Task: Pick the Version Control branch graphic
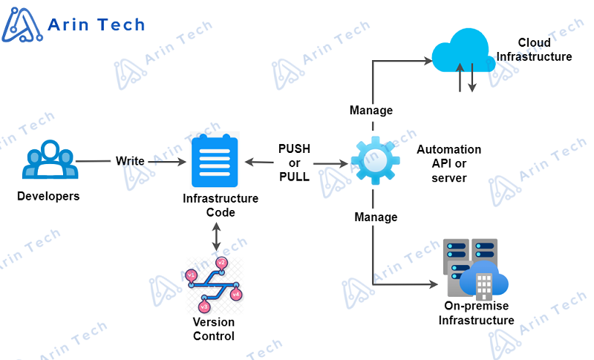[x=214, y=285]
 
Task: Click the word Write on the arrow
[x=130, y=161]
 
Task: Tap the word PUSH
[x=294, y=148]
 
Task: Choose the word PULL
[x=294, y=177]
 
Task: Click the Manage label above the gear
[x=371, y=111]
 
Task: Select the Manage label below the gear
[x=376, y=217]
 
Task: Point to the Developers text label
[x=48, y=197]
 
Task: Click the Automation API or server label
[x=448, y=163]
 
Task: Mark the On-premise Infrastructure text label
[x=476, y=313]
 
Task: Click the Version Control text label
[x=214, y=329]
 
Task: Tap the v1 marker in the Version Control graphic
[x=192, y=275]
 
